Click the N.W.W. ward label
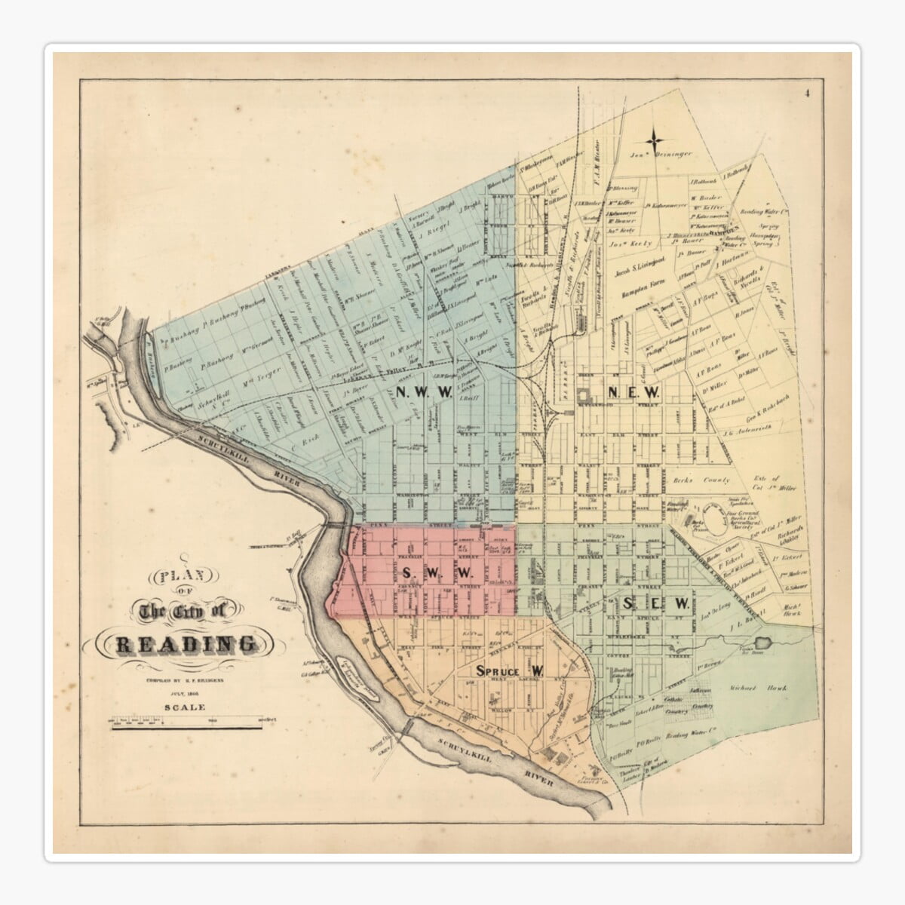[x=424, y=392]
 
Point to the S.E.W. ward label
[x=656, y=603]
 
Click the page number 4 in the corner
[x=806, y=94]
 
